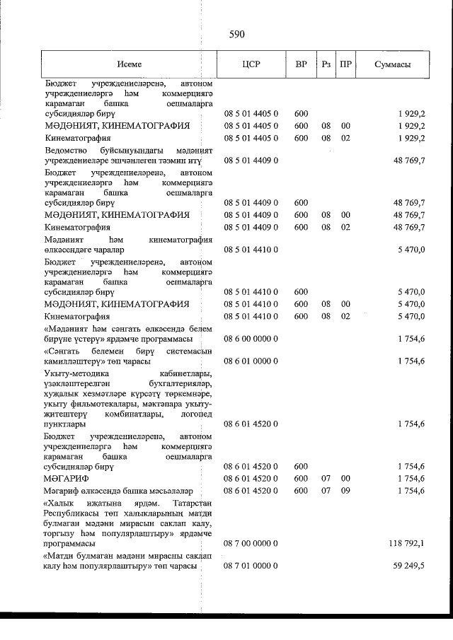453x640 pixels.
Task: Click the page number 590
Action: pyautogui.click(x=236, y=33)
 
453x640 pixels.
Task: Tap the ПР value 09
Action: pyautogui.click(x=345, y=490)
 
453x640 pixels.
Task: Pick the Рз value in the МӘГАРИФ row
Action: pyautogui.click(x=326, y=479)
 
